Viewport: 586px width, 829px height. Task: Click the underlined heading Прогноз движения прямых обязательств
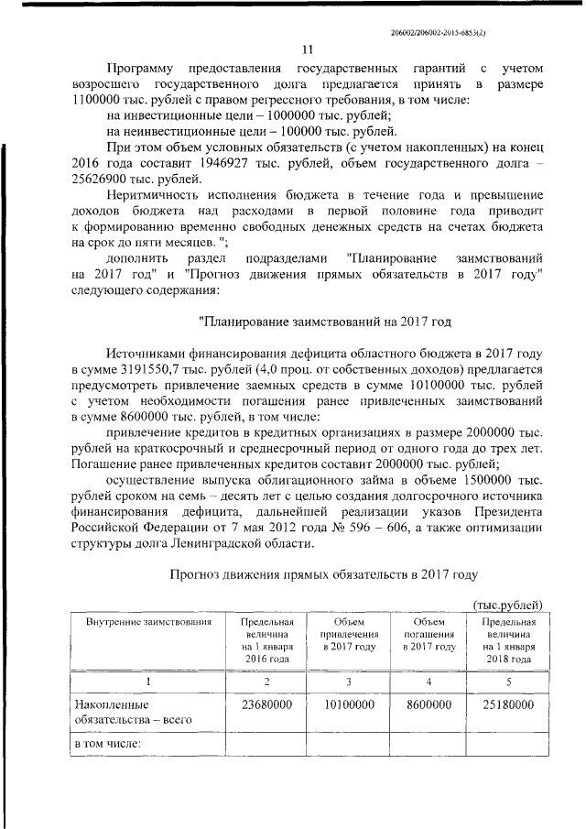coord(325,575)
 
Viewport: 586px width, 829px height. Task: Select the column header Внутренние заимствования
coord(148,622)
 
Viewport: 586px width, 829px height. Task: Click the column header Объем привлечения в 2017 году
coord(348,634)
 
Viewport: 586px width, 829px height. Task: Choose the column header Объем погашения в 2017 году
coord(429,634)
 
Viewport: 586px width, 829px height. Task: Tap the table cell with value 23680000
coord(266,704)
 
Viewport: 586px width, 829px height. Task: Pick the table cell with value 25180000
coord(508,704)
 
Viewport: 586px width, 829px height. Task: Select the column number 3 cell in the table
coord(348,682)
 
